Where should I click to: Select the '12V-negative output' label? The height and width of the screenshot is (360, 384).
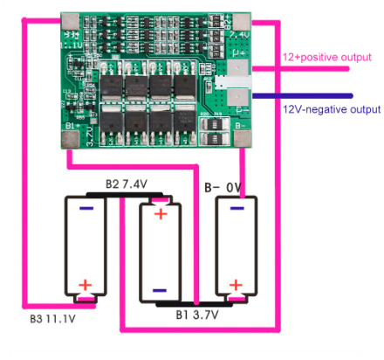click(332, 109)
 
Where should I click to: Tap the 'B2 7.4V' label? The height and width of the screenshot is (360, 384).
click(126, 183)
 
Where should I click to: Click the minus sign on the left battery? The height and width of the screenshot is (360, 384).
click(86, 209)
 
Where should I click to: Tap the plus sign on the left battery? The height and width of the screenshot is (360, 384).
click(86, 285)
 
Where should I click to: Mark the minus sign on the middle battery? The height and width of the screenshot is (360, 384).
click(160, 290)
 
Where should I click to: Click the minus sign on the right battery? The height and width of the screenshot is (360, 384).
click(237, 209)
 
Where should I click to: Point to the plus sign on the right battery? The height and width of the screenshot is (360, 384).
click(237, 285)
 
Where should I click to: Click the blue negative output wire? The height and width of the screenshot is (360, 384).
click(305, 95)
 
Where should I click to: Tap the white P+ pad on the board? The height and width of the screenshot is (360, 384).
click(239, 69)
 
